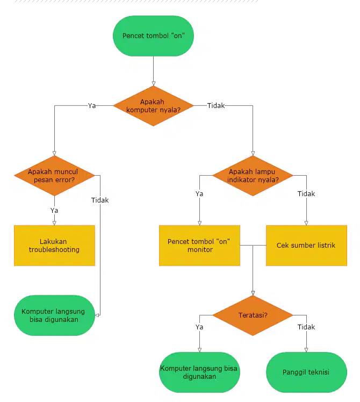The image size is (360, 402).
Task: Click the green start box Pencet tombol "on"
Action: pos(153,36)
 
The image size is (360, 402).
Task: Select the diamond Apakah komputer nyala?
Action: pos(153,106)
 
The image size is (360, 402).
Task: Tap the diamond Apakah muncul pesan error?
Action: pos(54,176)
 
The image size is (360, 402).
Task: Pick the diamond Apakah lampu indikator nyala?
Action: pos(253,176)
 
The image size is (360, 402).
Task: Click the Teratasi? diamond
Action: pos(253,315)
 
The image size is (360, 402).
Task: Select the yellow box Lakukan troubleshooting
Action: pos(54,246)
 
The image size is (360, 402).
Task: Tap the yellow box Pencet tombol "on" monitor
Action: pos(199,246)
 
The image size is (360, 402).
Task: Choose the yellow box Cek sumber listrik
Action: pos(306,246)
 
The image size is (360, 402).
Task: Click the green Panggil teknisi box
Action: pos(306,372)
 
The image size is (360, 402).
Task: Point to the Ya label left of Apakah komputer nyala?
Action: pos(92,106)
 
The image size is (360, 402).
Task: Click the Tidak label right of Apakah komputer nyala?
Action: pos(216,106)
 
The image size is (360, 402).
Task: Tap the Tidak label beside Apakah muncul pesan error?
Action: pos(100,200)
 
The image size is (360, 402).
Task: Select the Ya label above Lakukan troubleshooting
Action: pos(54,211)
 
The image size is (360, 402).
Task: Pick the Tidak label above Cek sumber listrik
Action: pos(306,194)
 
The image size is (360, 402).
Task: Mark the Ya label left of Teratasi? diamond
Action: pos(199,327)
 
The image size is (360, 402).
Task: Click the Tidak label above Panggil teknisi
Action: pos(306,327)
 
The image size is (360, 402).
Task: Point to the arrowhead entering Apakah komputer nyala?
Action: pos(153,84)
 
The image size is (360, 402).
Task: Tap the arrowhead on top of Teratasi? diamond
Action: pos(253,293)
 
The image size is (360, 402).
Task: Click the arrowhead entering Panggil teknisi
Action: pos(306,350)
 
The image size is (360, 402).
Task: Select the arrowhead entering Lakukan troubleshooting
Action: pos(54,224)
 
